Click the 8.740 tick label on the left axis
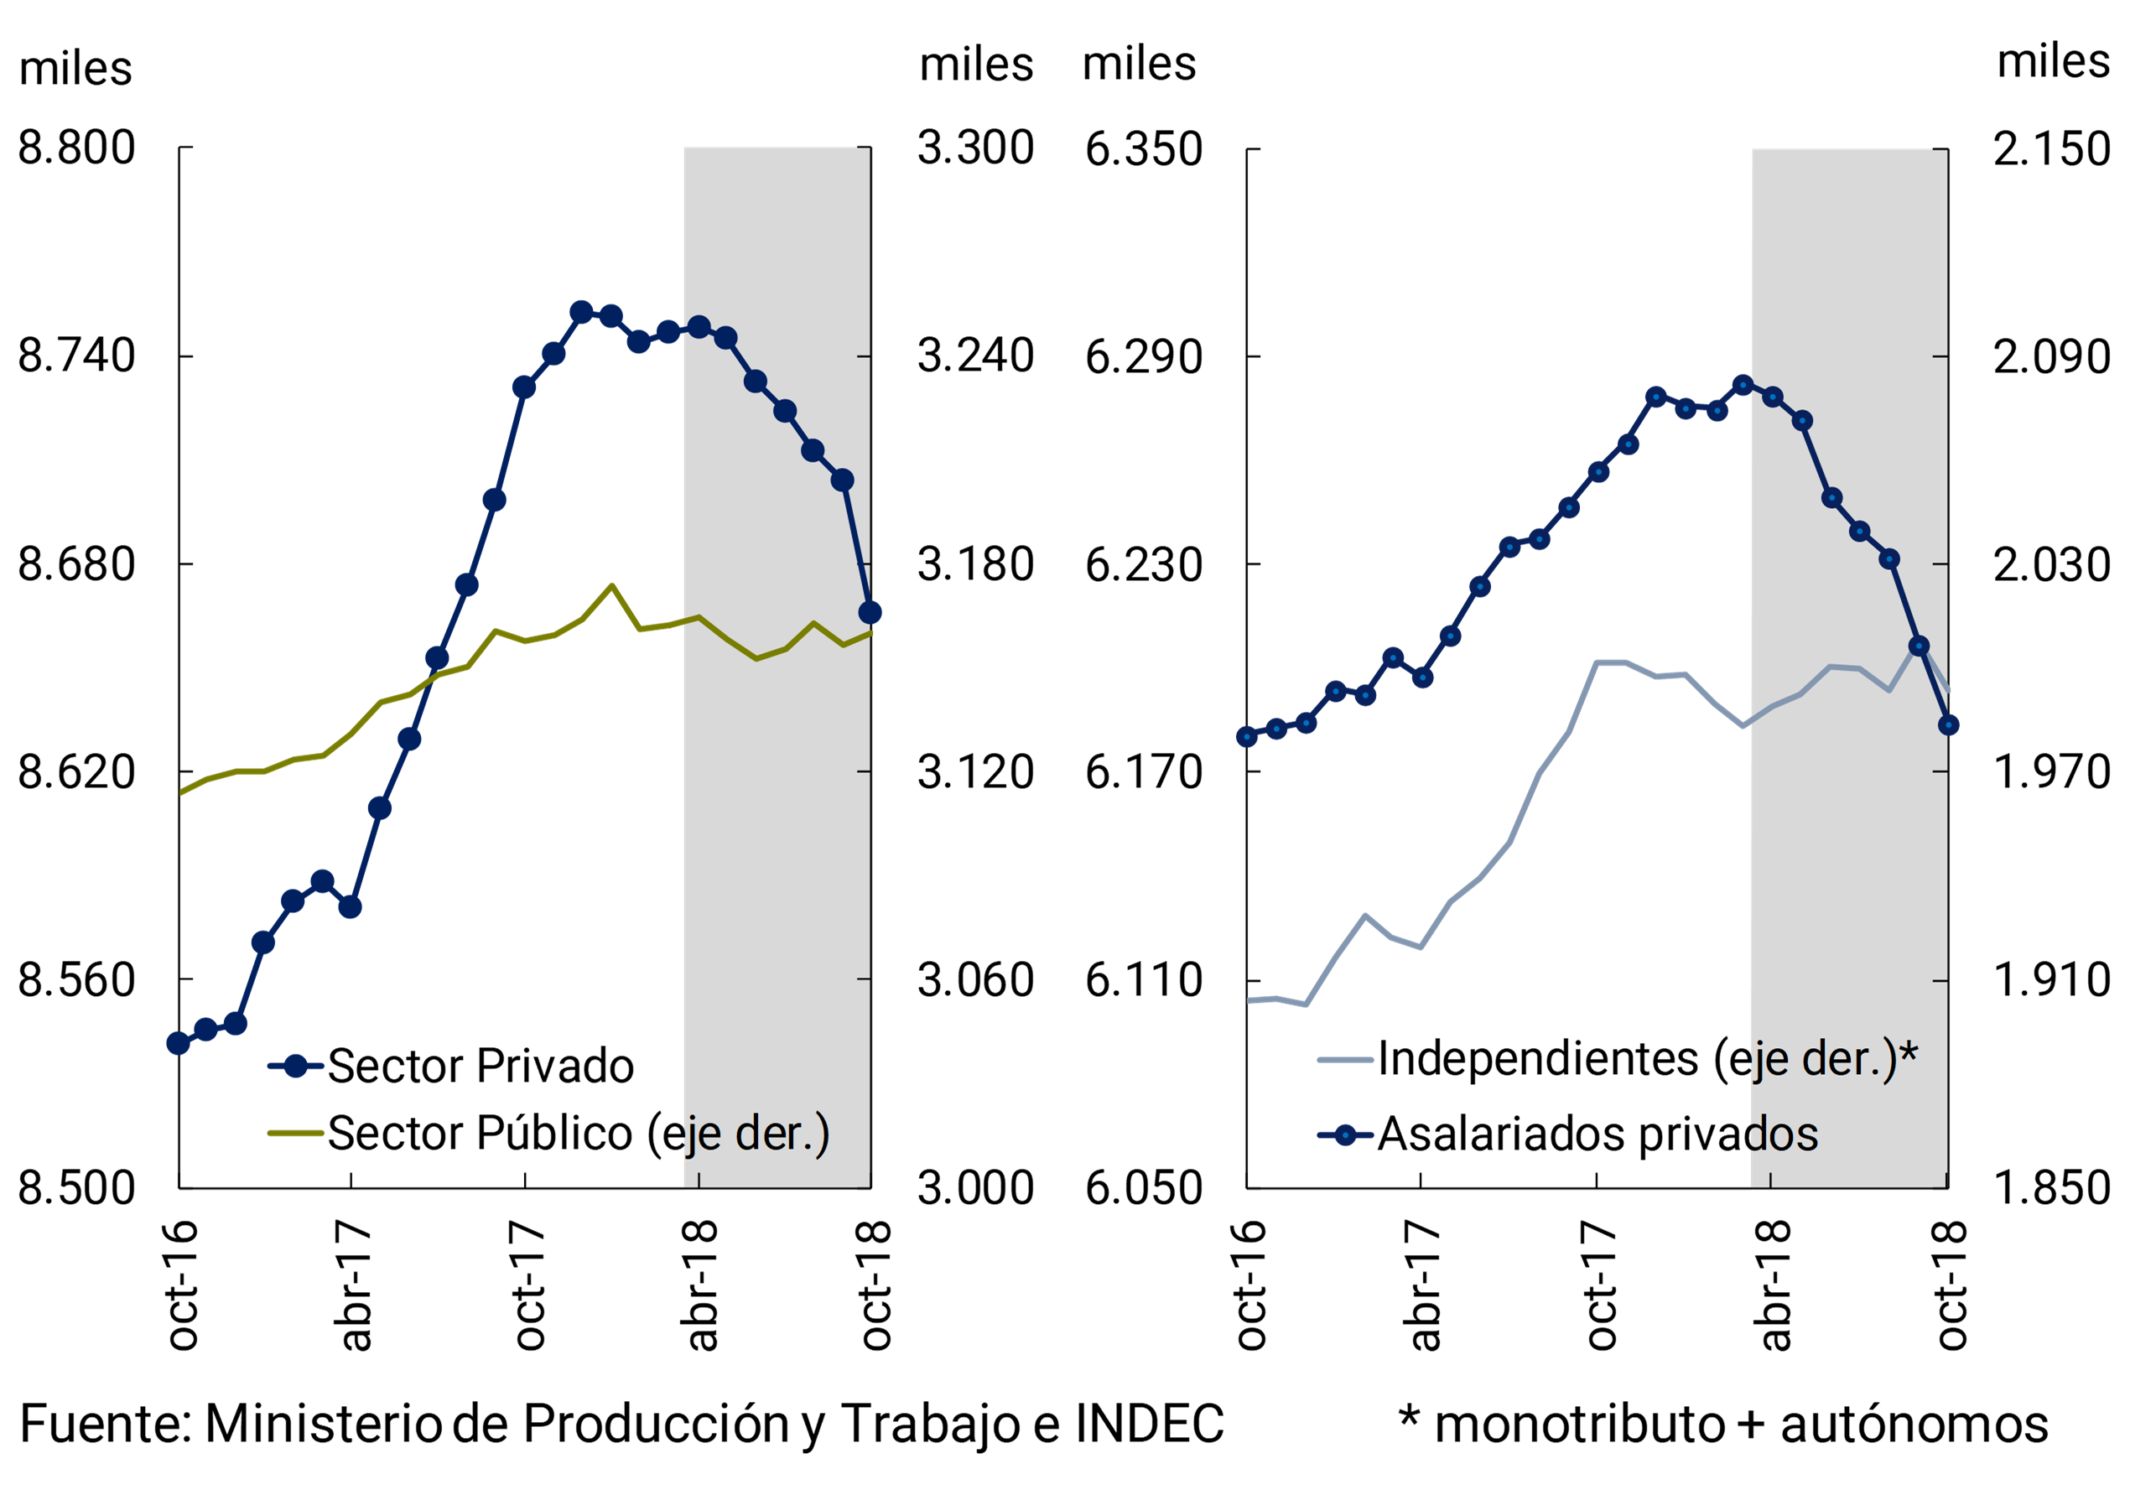click(x=76, y=356)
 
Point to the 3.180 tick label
click(x=975, y=563)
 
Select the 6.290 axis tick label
click(x=1143, y=357)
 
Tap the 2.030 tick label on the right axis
click(x=2051, y=563)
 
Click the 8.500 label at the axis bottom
click(x=76, y=1188)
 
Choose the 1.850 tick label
click(x=2051, y=1188)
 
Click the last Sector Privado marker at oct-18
click(x=870, y=612)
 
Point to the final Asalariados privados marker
click(x=1947, y=725)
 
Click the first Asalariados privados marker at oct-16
click(x=1247, y=736)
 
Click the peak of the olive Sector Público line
click(x=611, y=586)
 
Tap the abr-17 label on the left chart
click(x=356, y=1285)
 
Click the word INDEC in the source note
click(x=1150, y=1424)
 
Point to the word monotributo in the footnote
click(x=1579, y=1425)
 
